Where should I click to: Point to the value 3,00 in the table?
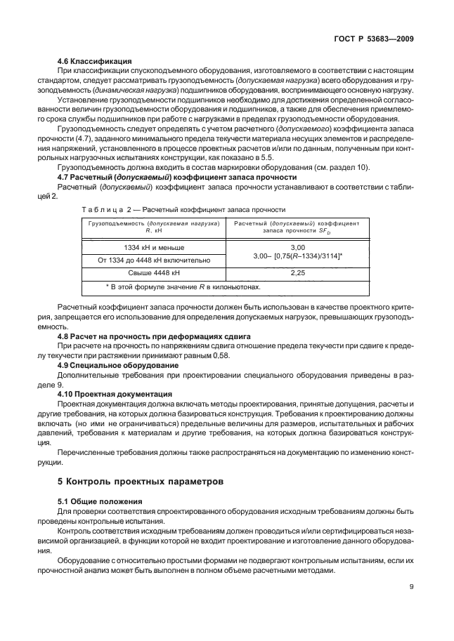tap(298, 248)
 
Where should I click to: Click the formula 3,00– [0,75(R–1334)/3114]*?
tap(298, 256)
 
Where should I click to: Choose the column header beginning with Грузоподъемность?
tap(154, 226)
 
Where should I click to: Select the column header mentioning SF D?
tap(298, 226)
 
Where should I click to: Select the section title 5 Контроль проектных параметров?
tap(140, 482)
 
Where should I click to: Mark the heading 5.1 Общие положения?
tap(100, 501)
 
